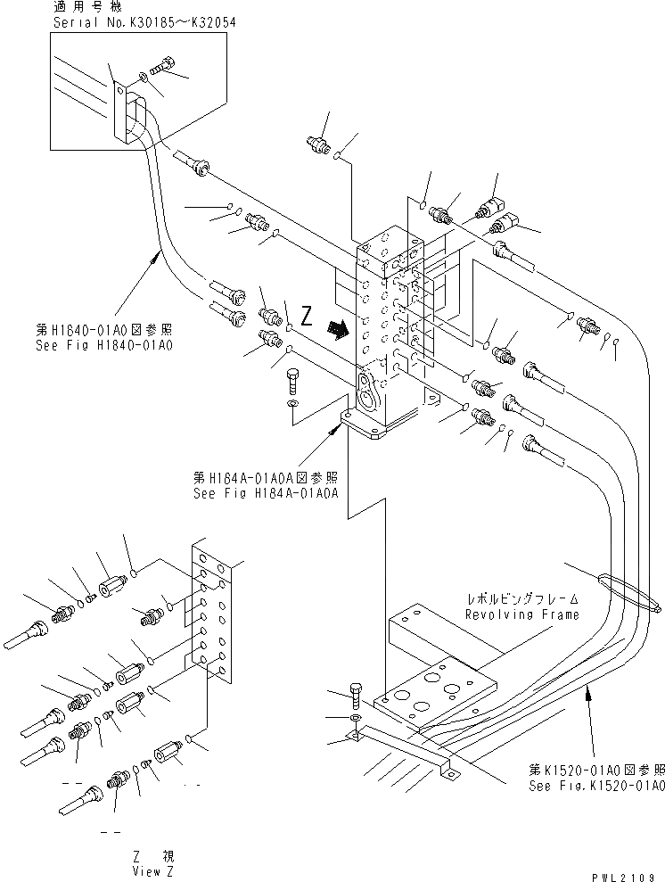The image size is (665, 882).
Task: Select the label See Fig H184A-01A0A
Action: pos(266,491)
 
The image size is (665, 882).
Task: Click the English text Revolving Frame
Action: pos(521,614)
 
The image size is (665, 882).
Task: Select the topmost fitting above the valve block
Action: pos(316,144)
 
